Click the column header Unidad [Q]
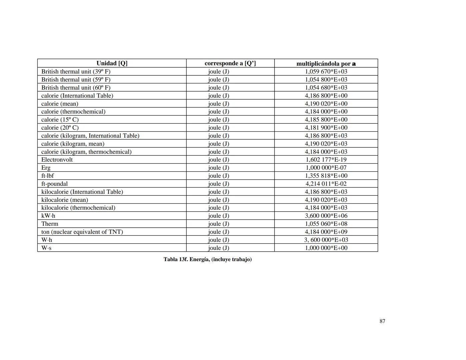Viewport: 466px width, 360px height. (112, 63)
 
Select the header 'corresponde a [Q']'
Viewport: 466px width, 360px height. (230, 63)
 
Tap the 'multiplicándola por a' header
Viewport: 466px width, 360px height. (326, 64)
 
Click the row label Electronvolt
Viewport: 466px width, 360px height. (57, 160)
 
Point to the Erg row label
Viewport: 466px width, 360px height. (46, 168)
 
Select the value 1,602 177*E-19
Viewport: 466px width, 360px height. (326, 160)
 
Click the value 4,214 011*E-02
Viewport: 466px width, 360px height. (326, 184)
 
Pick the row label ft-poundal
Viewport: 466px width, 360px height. (54, 184)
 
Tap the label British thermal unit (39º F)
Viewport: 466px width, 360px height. (76, 71)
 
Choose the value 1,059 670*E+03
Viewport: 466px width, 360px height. (326, 71)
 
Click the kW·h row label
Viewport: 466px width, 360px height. (48, 216)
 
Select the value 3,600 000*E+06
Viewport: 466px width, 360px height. (326, 216)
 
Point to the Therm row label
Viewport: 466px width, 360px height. (50, 224)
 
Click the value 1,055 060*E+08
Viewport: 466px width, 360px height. (326, 224)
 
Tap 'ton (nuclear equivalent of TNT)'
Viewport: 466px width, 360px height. (82, 232)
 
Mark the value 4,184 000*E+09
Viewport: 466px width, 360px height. (326, 232)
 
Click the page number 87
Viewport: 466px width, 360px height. (382, 321)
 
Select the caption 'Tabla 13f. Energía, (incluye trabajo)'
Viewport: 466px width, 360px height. (207, 259)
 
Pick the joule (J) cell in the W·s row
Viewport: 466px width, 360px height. (218, 248)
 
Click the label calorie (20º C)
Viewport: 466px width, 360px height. (60, 128)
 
